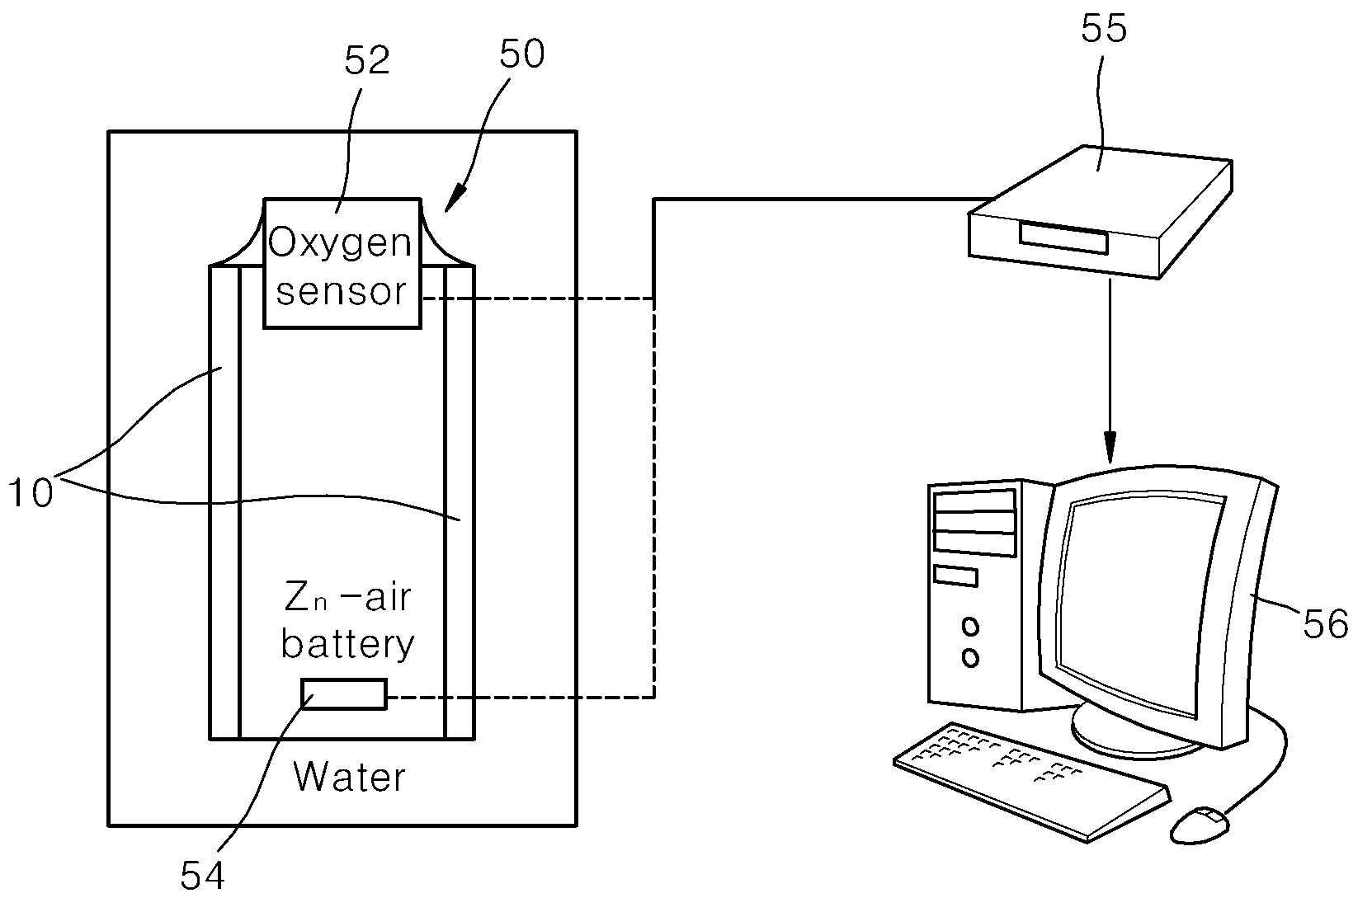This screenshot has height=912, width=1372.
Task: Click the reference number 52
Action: click(x=367, y=60)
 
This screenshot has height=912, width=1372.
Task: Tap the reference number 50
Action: click(x=522, y=54)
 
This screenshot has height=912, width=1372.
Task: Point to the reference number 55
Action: click(x=1104, y=28)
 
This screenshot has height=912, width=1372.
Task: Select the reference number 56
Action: click(x=1326, y=624)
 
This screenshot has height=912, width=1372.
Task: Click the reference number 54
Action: click(x=203, y=876)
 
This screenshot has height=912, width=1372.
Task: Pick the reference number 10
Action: click(x=31, y=493)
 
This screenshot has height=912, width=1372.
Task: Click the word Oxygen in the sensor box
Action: click(x=341, y=244)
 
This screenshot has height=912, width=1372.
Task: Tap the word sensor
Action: click(x=342, y=291)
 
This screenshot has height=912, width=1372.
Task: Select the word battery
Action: click(x=348, y=644)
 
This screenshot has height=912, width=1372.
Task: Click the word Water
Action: click(x=350, y=778)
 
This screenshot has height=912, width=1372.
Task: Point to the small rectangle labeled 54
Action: click(x=344, y=694)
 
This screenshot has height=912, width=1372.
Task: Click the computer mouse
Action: click(x=1200, y=825)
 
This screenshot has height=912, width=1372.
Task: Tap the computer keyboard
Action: click(x=1032, y=782)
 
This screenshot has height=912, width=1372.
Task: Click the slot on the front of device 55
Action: click(x=1064, y=238)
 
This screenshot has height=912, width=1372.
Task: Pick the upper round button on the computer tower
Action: click(x=970, y=627)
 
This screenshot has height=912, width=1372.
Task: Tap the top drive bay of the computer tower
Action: click(x=974, y=501)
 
